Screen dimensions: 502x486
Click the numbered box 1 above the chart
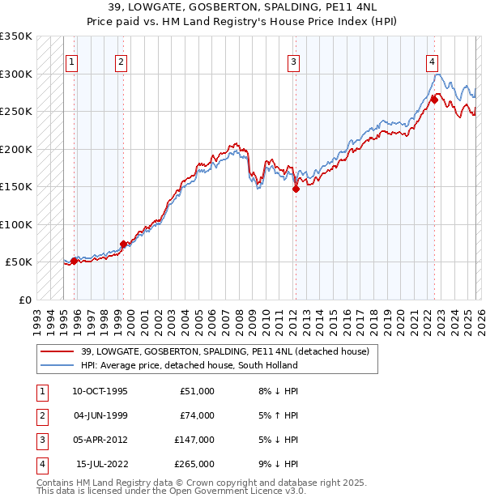(72, 61)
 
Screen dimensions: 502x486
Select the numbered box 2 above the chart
(121, 61)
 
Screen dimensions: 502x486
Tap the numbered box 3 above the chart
(293, 61)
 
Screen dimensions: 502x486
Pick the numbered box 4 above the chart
(433, 61)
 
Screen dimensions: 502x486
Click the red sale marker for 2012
(296, 189)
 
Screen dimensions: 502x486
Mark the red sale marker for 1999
(123, 244)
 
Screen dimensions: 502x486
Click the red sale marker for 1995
(75, 261)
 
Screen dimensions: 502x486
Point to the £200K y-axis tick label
(16, 149)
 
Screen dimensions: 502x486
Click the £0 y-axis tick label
(24, 300)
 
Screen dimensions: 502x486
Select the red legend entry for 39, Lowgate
(224, 351)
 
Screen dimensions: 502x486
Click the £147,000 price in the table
(195, 440)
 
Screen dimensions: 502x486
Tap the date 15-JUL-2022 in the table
(101, 464)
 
